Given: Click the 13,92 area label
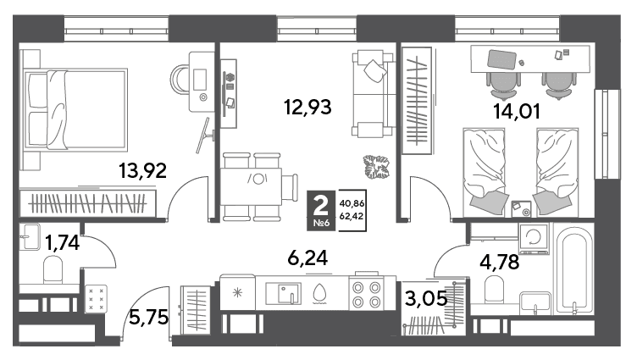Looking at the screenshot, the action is pyautogui.click(x=142, y=170).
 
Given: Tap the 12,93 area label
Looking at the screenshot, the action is pyautogui.click(x=307, y=108).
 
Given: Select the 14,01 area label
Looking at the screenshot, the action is pyautogui.click(x=517, y=111).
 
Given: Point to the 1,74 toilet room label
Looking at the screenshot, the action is pyautogui.click(x=62, y=243).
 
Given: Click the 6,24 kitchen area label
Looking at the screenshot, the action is pyautogui.click(x=307, y=258).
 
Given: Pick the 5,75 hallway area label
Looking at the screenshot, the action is pyautogui.click(x=149, y=317).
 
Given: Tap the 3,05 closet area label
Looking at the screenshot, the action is pyautogui.click(x=426, y=299).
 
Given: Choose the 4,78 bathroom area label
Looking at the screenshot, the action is pyautogui.click(x=499, y=262).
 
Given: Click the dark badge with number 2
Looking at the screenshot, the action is pyautogui.click(x=321, y=210).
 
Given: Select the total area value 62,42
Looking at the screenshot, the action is pyautogui.click(x=352, y=216).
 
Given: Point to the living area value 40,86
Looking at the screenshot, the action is pyautogui.click(x=352, y=203).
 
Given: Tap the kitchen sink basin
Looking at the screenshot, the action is pyautogui.click(x=283, y=293).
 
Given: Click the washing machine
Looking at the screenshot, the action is pyautogui.click(x=533, y=238).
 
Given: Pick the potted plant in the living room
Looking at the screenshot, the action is pyautogui.click(x=376, y=167).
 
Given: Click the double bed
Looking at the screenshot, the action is pyautogui.click(x=75, y=109).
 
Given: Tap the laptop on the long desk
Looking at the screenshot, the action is pyautogui.click(x=501, y=59).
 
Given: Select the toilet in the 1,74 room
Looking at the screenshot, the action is pyautogui.click(x=53, y=269).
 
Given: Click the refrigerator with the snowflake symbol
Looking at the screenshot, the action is pyautogui.click(x=238, y=292).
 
